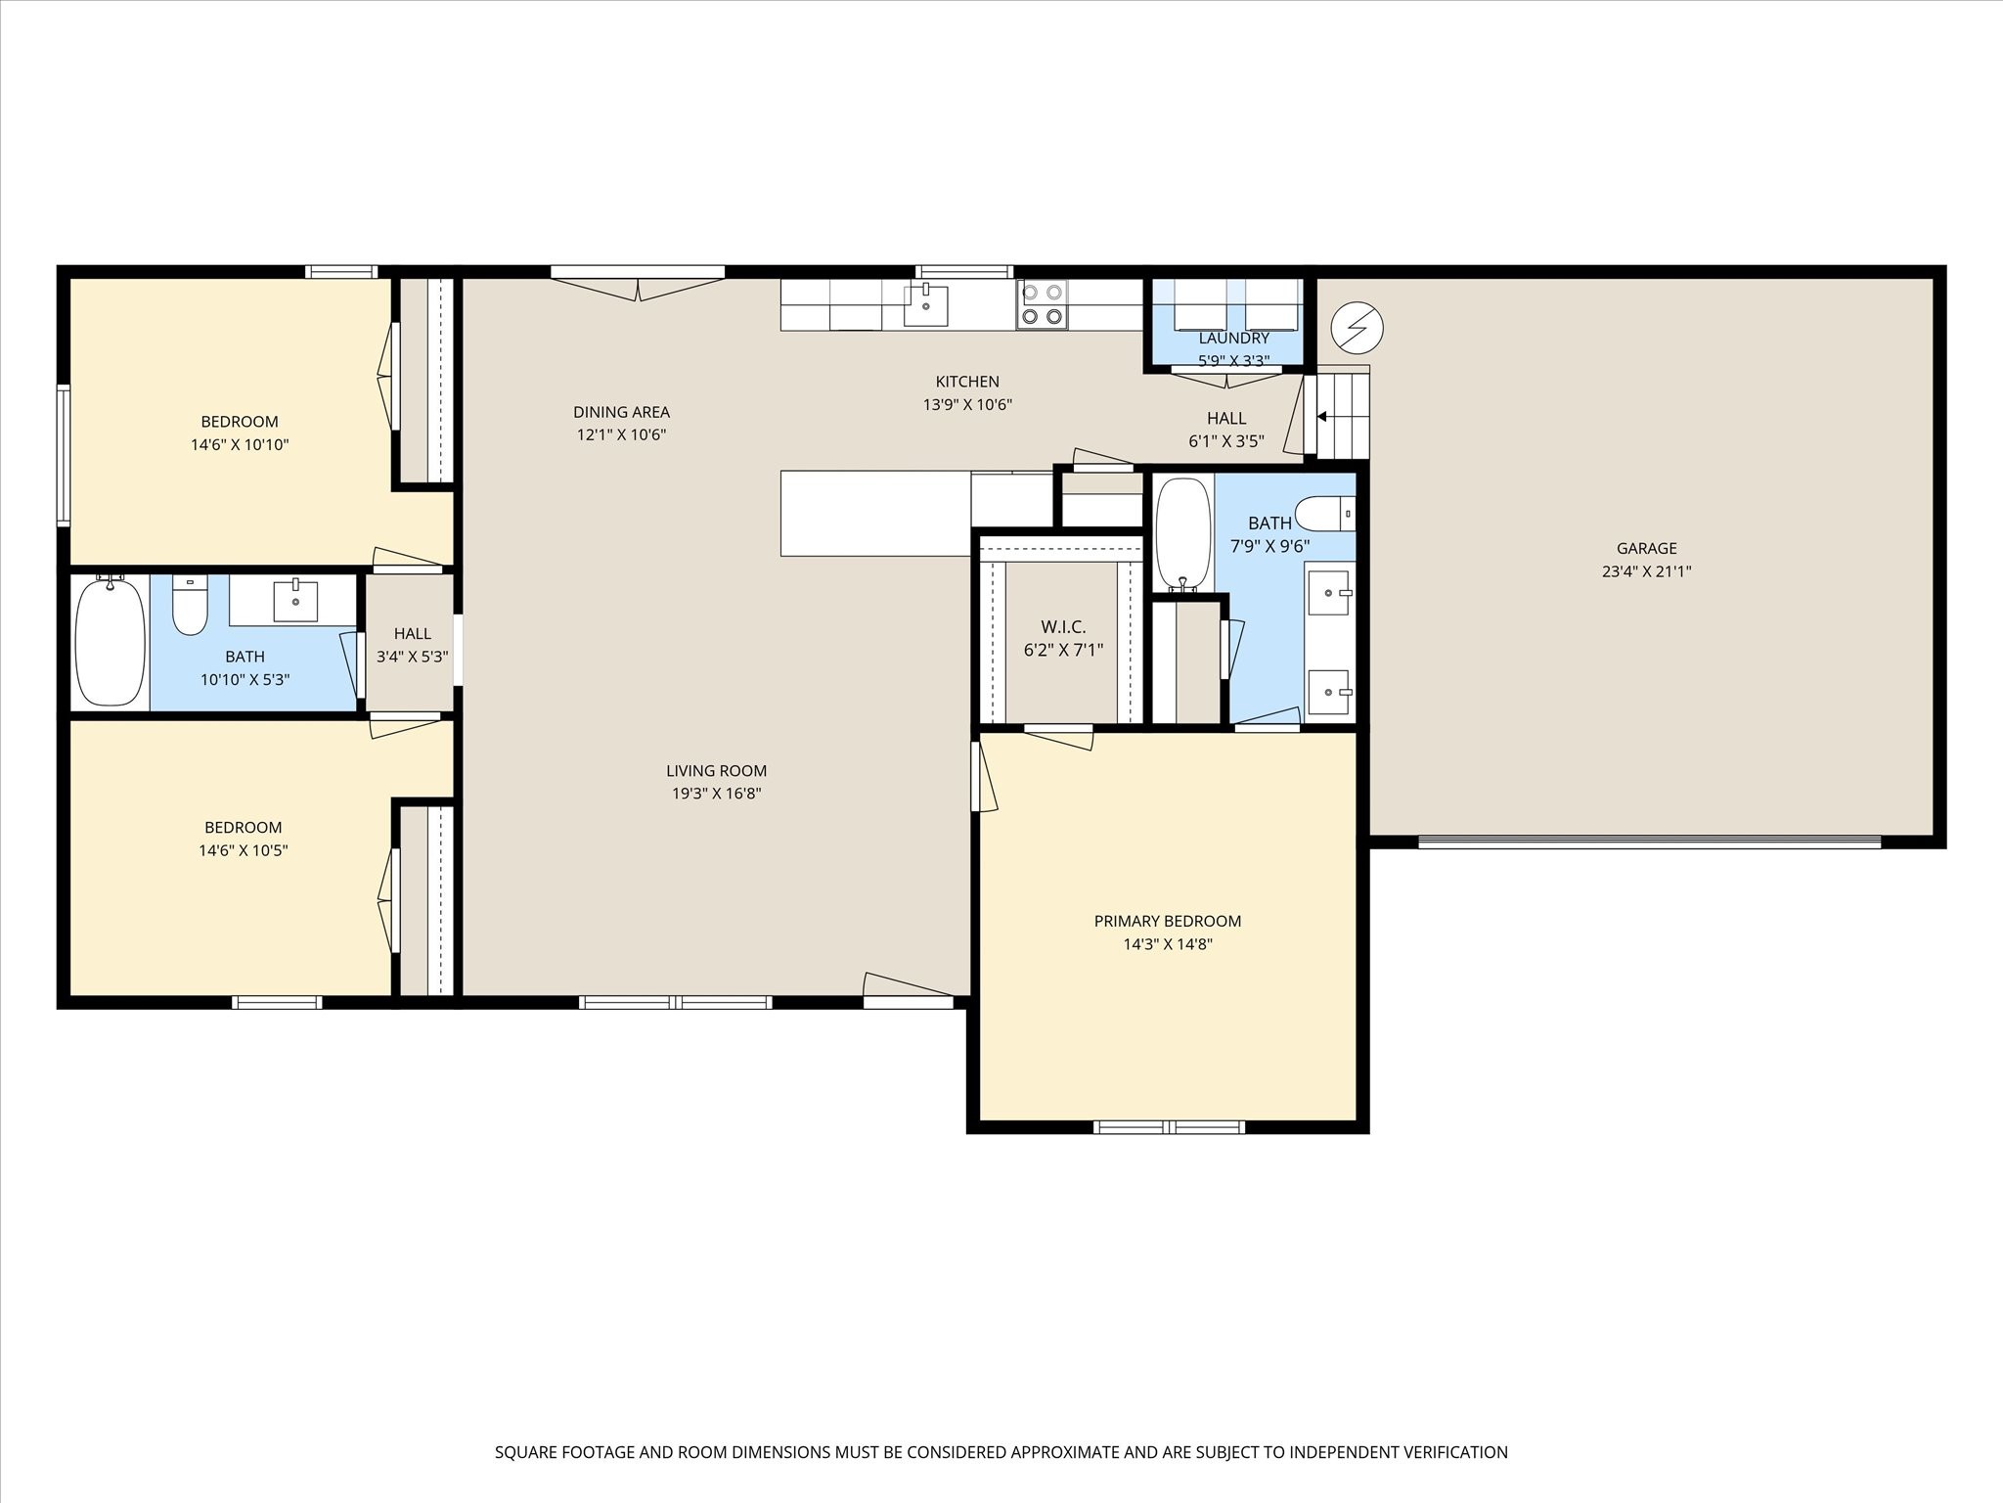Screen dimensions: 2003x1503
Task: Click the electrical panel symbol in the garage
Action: click(x=1358, y=328)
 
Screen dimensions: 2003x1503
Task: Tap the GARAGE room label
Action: click(x=1646, y=549)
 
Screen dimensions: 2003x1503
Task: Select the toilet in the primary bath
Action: click(x=1325, y=514)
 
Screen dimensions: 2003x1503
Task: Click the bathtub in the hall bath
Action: click(x=111, y=641)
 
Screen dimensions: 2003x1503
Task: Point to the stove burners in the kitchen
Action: click(x=1042, y=304)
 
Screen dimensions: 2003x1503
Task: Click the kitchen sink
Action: click(x=925, y=304)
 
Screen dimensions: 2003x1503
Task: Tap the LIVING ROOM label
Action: click(x=716, y=771)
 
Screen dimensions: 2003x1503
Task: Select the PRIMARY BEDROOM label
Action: click(x=1168, y=921)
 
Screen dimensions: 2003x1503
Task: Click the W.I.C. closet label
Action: click(x=1063, y=627)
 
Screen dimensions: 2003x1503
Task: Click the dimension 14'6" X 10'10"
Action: click(x=240, y=445)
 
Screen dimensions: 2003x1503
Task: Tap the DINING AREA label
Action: click(x=621, y=412)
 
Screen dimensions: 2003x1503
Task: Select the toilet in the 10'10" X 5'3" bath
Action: click(x=190, y=605)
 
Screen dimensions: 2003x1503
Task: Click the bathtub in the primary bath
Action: click(x=1183, y=534)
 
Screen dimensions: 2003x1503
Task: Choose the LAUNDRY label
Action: click(x=1234, y=339)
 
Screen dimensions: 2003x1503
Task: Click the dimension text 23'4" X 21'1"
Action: click(x=1646, y=572)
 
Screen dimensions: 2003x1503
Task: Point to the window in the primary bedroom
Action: click(x=1169, y=1127)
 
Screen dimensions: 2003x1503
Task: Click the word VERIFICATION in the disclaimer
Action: click(x=1448, y=1452)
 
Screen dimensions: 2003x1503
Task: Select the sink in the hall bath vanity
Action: click(x=295, y=601)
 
